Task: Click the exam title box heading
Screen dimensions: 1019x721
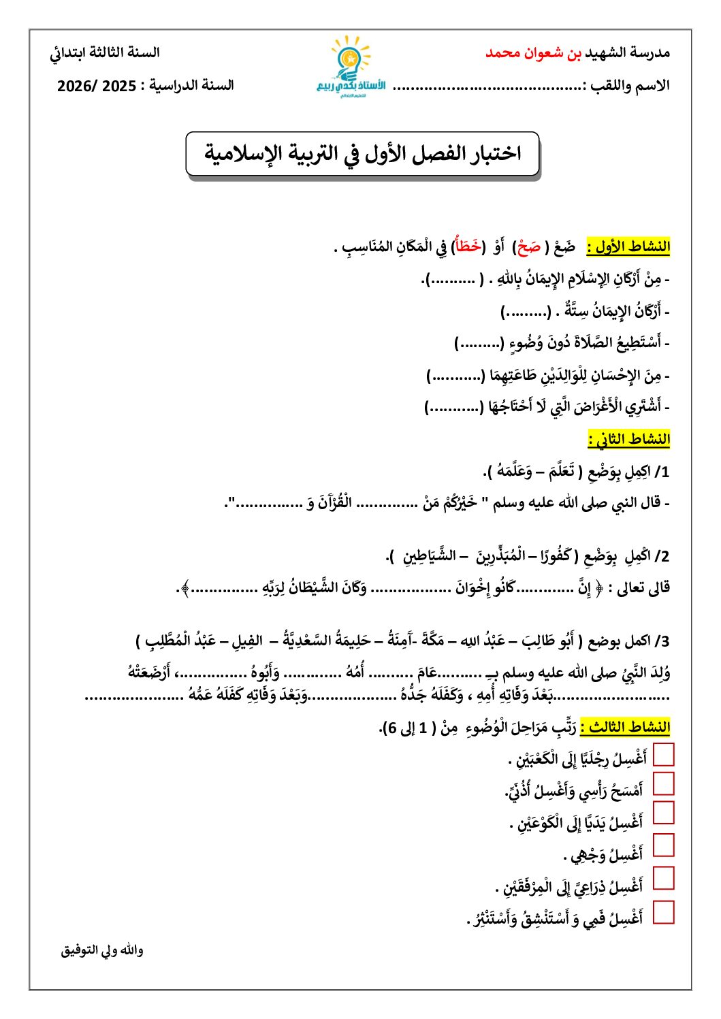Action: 362,154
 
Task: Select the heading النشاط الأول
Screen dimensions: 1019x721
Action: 628,246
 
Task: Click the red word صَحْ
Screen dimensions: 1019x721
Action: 528,247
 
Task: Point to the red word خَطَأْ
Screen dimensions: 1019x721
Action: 468,246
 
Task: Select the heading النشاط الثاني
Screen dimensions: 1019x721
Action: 628,439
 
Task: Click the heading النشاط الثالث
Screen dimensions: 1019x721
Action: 624,727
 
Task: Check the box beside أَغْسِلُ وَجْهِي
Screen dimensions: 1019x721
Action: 663,845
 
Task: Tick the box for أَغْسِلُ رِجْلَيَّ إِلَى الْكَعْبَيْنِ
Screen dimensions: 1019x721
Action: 663,755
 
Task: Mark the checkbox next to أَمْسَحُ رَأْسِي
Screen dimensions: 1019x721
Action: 663,783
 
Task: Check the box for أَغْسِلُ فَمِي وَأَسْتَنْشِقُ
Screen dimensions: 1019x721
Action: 663,912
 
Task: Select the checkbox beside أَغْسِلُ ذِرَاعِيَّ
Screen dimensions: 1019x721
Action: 663,878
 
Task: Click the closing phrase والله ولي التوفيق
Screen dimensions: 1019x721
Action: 102,950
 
